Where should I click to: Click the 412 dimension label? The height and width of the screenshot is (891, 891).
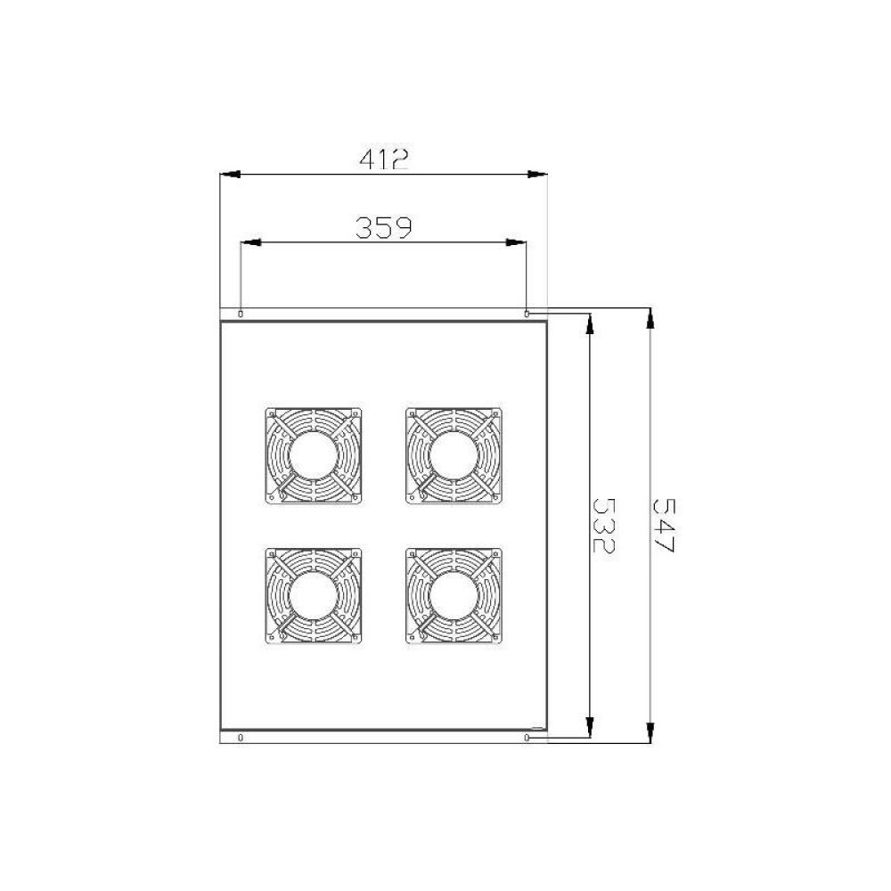pos(383,159)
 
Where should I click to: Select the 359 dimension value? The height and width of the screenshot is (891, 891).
pos(383,227)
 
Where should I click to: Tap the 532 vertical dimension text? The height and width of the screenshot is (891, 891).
pos(603,525)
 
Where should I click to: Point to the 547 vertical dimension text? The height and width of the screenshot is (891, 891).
pos(663,526)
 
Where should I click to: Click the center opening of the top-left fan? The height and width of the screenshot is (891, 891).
pos(313,455)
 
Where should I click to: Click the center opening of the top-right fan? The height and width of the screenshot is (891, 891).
pos(454,455)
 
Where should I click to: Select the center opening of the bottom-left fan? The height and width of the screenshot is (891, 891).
pos(313,595)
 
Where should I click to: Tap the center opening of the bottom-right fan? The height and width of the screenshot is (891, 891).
pos(454,595)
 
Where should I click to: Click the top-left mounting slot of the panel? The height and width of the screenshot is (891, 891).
pos(241,314)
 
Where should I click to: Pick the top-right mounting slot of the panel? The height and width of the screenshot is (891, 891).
pos(527,314)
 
